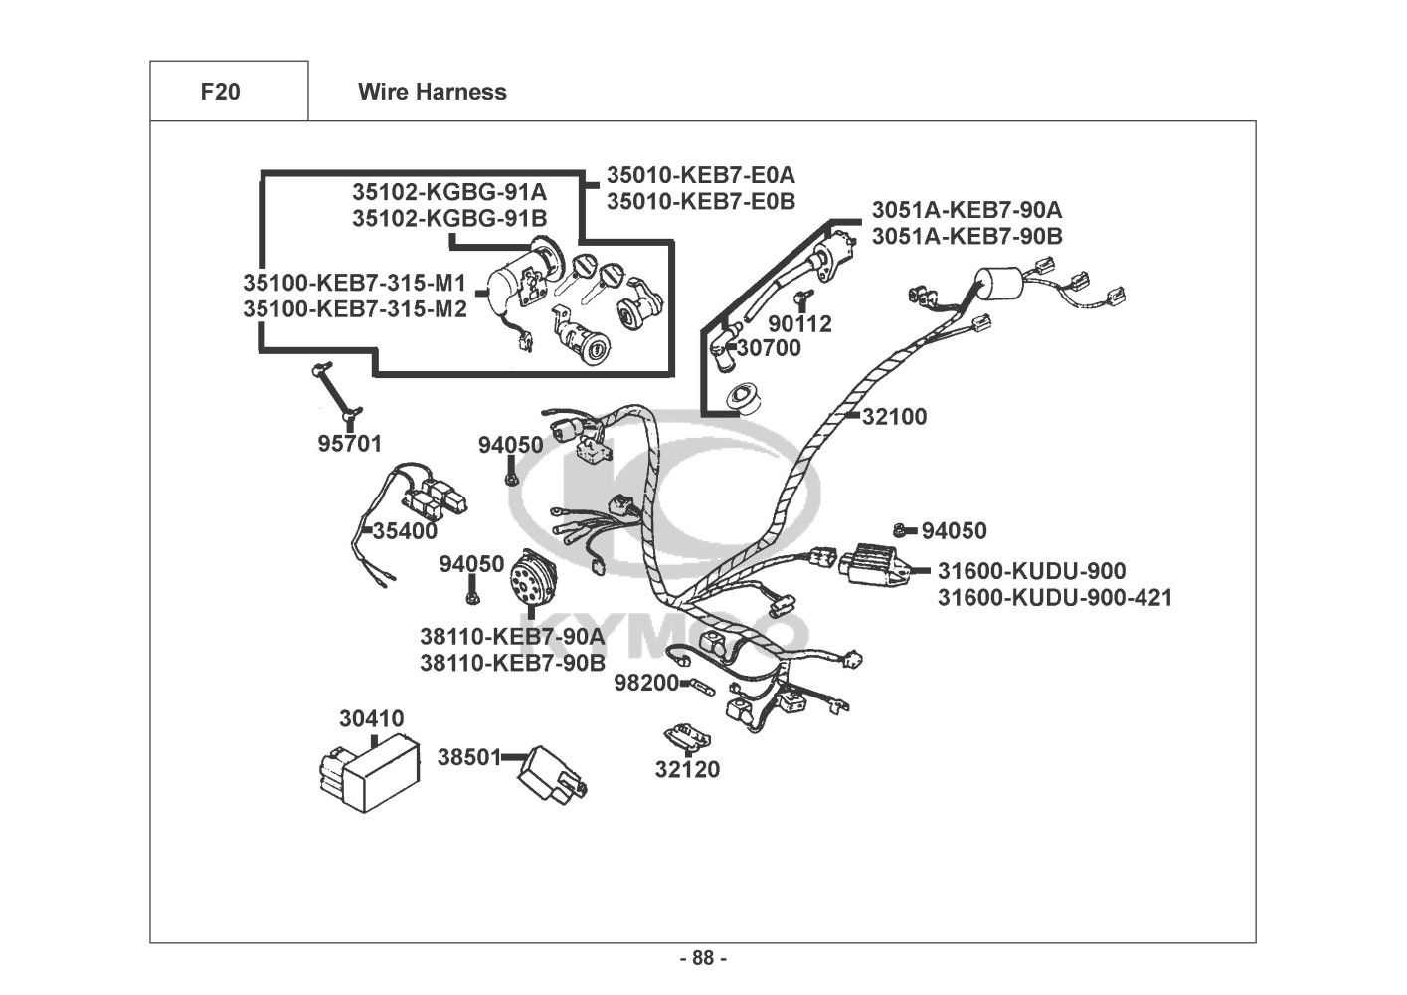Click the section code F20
point(220,92)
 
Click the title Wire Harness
point(432,92)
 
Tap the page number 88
point(702,958)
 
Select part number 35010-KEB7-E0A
point(701,175)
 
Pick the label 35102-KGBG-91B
point(449,218)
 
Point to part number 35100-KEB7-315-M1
point(354,282)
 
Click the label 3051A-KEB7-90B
point(967,236)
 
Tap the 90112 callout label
point(799,324)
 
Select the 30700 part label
point(769,348)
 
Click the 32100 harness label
point(894,417)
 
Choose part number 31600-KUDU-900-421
point(1054,598)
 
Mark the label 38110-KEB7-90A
point(511,636)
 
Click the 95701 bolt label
point(349,444)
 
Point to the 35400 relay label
point(405,531)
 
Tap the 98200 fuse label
point(645,683)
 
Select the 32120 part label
point(687,769)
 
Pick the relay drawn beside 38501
point(552,771)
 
